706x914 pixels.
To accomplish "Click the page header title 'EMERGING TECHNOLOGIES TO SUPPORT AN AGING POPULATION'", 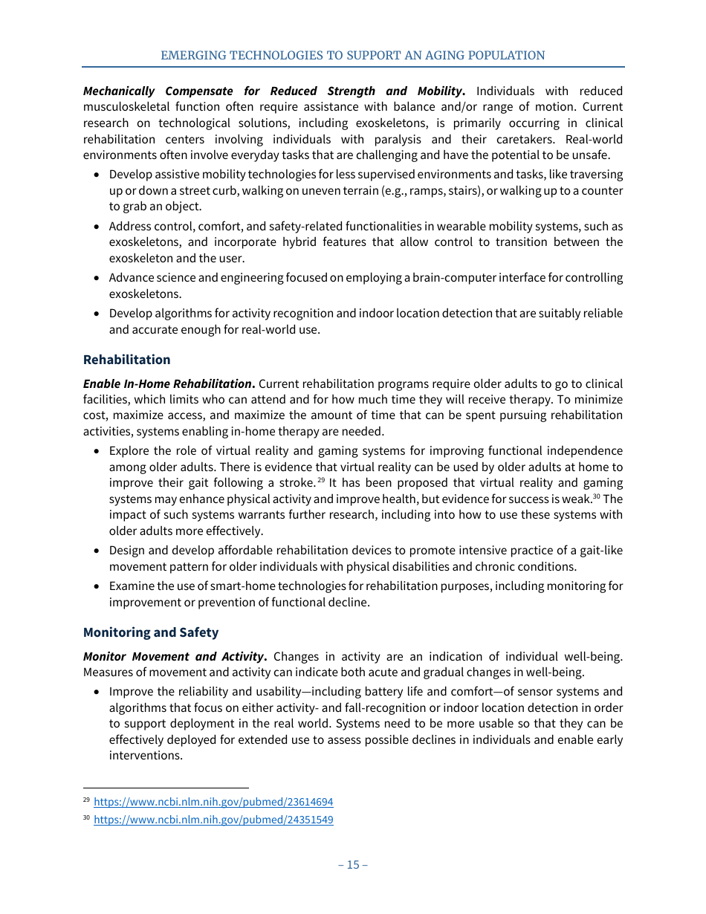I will pos(353,56).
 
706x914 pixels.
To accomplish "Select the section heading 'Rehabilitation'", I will pos(126,360).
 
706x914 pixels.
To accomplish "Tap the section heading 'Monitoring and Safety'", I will pos(151,632).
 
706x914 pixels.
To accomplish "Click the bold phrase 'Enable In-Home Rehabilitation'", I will pos(167,384).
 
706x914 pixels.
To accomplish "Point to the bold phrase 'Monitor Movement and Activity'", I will pos(173,657).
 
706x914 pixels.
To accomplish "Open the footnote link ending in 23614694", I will pos(213,802).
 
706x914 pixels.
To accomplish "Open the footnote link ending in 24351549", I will pos(213,820).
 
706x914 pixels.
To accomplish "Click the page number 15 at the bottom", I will pos(353,864).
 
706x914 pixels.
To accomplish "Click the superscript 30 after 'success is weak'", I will pos(596,496).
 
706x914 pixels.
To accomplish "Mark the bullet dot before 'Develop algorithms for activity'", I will pos(97,314).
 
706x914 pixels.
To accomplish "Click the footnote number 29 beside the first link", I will pos(86,800).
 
